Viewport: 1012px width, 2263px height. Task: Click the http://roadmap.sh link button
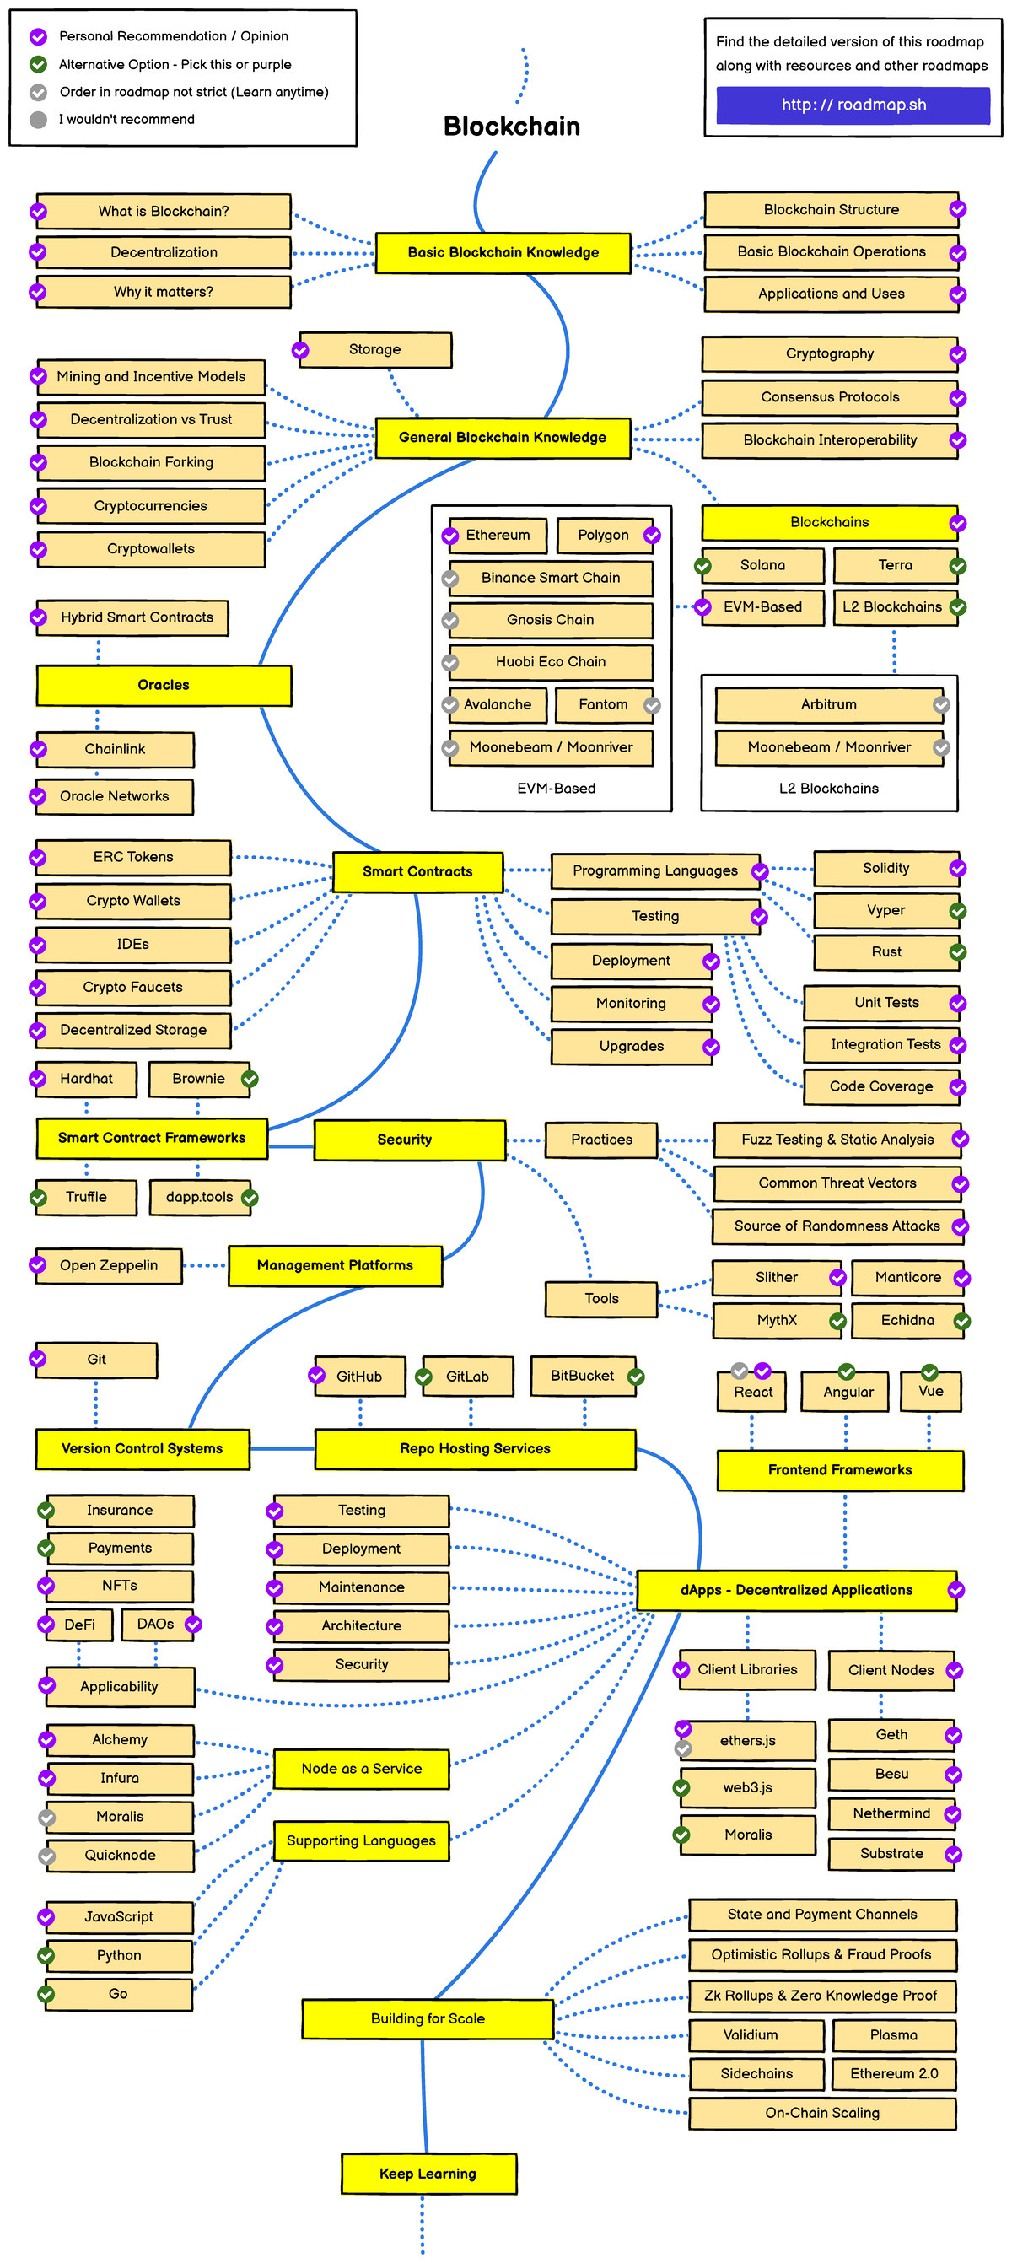pyautogui.click(x=853, y=105)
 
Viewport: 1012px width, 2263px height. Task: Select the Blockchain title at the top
pyautogui.click(x=511, y=127)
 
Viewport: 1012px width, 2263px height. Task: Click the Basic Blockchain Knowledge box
pyautogui.click(x=503, y=253)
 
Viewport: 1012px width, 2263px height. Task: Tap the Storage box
pyautogui.click(x=375, y=350)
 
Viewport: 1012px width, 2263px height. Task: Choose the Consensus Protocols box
pyautogui.click(x=829, y=397)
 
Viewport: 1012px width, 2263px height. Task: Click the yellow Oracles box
pyautogui.click(x=164, y=685)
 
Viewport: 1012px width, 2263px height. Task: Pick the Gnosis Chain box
pyautogui.click(x=550, y=620)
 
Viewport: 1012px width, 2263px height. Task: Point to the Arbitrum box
pyautogui.click(x=828, y=704)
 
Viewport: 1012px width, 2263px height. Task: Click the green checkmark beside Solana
pyautogui.click(x=702, y=566)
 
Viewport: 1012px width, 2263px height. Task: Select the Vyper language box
pyautogui.click(x=885, y=910)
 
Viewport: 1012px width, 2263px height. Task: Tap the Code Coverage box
pyautogui.click(x=880, y=1086)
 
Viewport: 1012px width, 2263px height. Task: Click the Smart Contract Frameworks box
pyautogui.click(x=151, y=1139)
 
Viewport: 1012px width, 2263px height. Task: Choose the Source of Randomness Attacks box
pyautogui.click(x=837, y=1226)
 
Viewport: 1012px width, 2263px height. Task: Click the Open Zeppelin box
pyautogui.click(x=109, y=1266)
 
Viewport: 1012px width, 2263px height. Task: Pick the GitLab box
pyautogui.click(x=466, y=1377)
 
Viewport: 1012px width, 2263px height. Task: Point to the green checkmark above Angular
pyautogui.click(x=846, y=1371)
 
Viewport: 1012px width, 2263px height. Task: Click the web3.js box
pyautogui.click(x=747, y=1788)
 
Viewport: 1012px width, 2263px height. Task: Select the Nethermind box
pyautogui.click(x=891, y=1813)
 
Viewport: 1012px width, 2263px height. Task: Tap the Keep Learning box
pyautogui.click(x=428, y=2174)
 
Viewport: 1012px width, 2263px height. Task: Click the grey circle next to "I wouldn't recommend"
pyautogui.click(x=38, y=120)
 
